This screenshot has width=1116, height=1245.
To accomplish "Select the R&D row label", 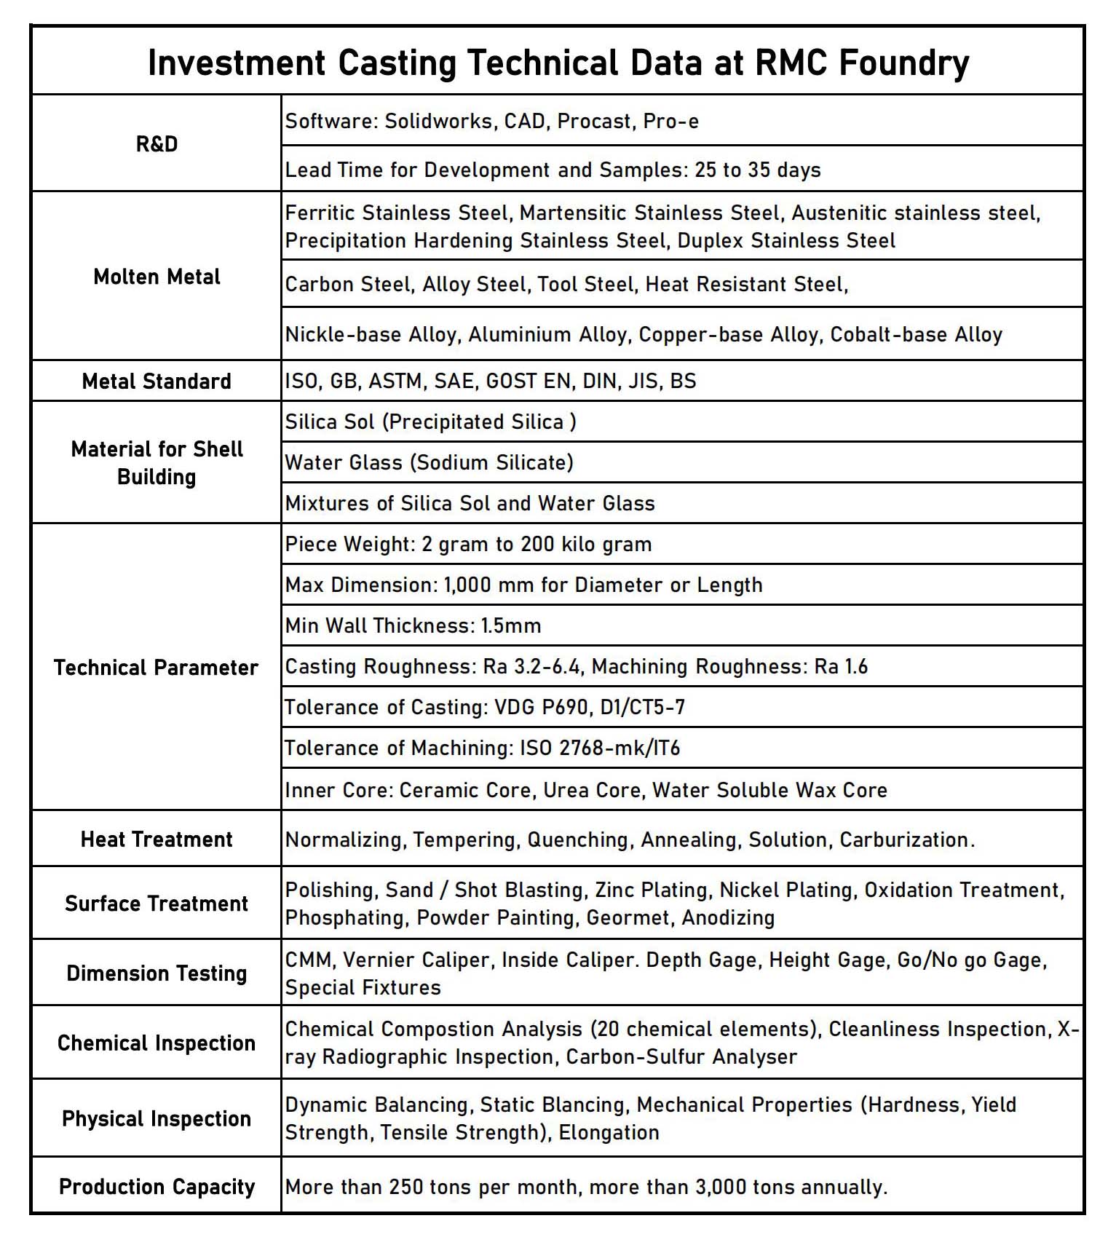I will click(x=157, y=143).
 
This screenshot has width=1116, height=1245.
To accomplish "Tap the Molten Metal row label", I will click(x=157, y=277).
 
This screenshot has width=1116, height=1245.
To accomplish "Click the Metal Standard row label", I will click(x=157, y=381).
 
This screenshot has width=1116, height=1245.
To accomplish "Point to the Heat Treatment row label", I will click(x=157, y=839).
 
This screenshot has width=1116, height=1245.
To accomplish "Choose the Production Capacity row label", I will click(x=157, y=1187).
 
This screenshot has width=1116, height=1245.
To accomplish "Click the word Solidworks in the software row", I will click(x=439, y=121).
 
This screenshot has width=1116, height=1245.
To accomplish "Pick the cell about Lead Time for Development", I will click(x=553, y=170).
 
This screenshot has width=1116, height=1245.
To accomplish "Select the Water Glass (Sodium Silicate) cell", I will click(x=430, y=462).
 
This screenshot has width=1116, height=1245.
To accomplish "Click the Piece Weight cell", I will click(x=468, y=544).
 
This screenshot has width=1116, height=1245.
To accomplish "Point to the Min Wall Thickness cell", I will click(x=413, y=625).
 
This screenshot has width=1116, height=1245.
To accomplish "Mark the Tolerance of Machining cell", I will click(x=482, y=748).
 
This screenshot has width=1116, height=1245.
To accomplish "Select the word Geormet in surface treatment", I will click(x=628, y=917).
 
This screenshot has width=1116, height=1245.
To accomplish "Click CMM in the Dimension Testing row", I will click(x=309, y=960).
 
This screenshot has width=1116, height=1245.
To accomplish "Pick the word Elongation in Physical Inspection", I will click(x=609, y=1132).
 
